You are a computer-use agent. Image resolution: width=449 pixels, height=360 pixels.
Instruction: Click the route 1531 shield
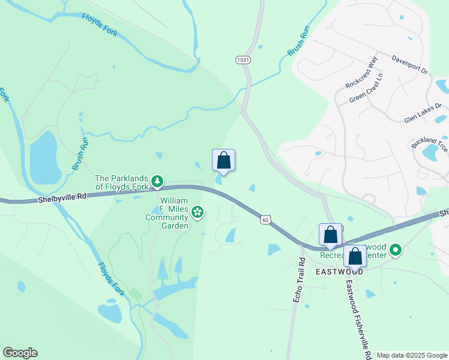click(243, 60)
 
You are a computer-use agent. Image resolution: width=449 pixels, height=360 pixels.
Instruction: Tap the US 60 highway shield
click(265, 220)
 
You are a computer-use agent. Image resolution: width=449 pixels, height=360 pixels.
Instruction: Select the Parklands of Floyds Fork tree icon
click(157, 179)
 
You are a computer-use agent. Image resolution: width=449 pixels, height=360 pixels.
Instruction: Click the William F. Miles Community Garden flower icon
click(197, 211)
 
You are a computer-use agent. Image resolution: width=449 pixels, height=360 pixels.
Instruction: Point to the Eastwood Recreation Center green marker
click(395, 250)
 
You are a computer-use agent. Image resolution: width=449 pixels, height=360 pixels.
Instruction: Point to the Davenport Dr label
click(410, 64)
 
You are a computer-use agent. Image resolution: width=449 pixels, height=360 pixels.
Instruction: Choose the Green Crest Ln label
click(366, 89)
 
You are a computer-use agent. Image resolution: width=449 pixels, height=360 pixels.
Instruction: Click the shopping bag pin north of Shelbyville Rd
click(223, 161)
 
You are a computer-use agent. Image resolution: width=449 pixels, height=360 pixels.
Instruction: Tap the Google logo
click(20, 353)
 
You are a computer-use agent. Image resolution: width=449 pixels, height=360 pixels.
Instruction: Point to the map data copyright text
click(412, 355)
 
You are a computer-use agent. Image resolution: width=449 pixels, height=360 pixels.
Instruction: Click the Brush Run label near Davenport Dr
click(298, 44)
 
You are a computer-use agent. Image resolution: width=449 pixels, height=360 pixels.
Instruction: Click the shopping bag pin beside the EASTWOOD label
click(355, 256)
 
